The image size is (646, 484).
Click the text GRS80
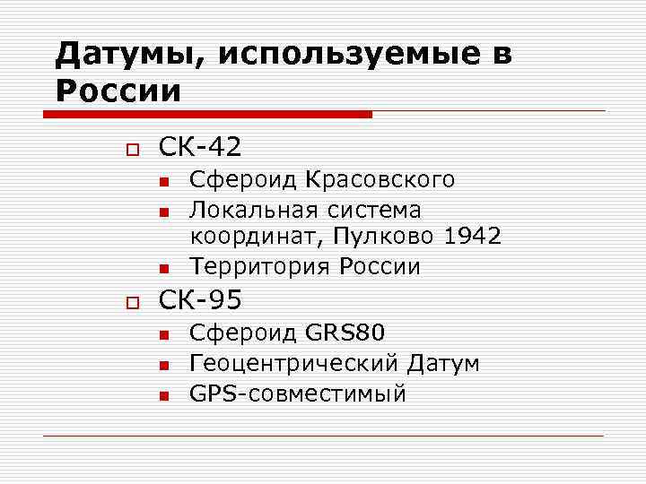point(345,334)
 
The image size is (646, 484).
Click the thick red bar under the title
point(207,114)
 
